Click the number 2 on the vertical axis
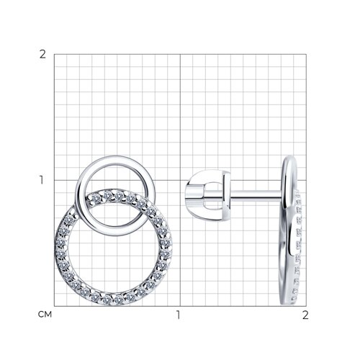(x=42, y=55)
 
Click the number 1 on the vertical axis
(x=42, y=180)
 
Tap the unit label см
(x=45, y=315)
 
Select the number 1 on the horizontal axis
(x=178, y=315)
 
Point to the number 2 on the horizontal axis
(x=305, y=315)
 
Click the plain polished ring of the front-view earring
(x=115, y=160)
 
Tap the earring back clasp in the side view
(x=208, y=195)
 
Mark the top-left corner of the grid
(x=54, y=54)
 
